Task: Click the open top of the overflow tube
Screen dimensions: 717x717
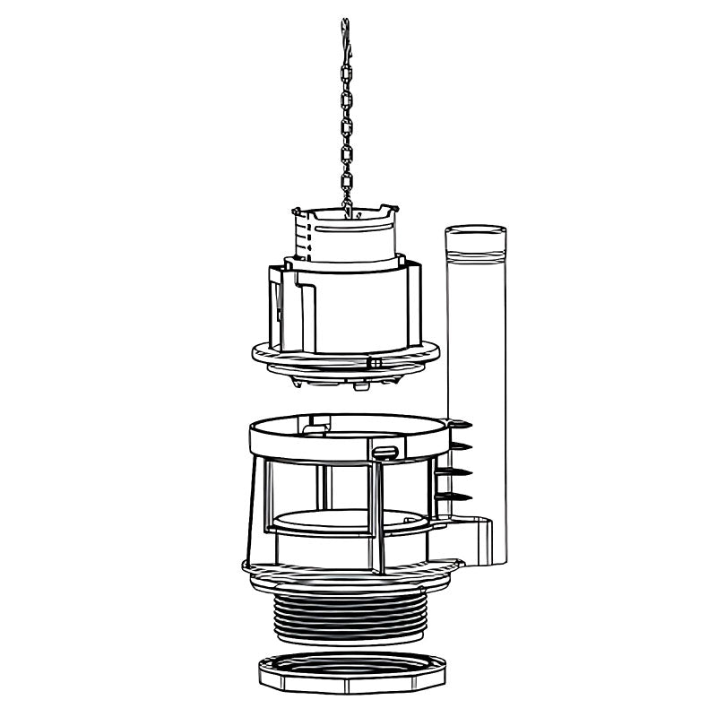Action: (x=475, y=231)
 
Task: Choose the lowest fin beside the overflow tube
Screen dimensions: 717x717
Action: (x=461, y=496)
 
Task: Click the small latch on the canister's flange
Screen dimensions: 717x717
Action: (x=375, y=363)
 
